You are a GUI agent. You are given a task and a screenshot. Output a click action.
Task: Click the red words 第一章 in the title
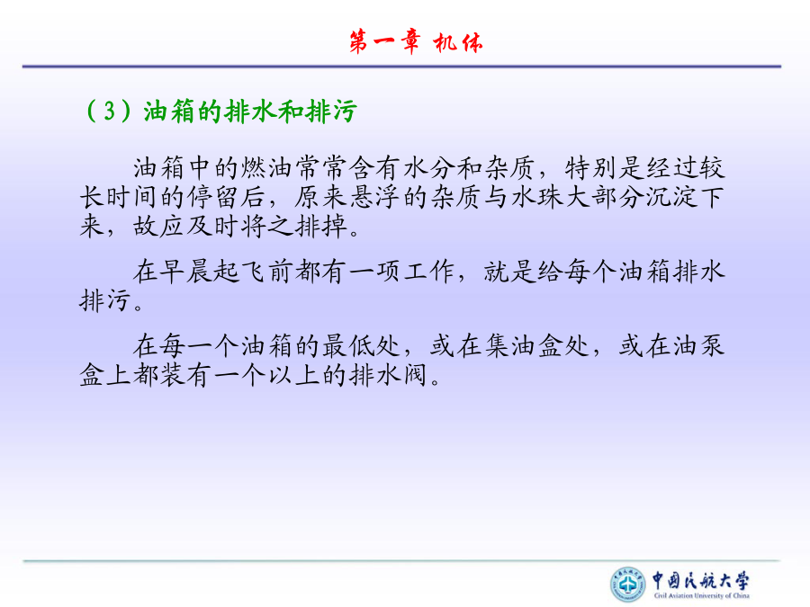tap(384, 41)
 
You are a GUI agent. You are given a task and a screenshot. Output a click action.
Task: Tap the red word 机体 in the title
tap(458, 42)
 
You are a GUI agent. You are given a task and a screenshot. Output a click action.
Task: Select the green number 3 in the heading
tap(109, 111)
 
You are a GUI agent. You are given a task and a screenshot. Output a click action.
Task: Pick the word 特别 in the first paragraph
tap(591, 168)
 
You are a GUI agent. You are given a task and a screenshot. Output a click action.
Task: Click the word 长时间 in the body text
tap(120, 197)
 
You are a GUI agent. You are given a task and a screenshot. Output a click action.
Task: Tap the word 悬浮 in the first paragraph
tap(375, 197)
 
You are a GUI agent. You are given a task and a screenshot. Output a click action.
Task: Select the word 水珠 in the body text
tap(537, 197)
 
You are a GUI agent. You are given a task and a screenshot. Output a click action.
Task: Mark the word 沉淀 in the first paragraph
tap(672, 197)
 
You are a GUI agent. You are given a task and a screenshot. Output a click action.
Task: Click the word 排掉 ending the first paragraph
tap(321, 226)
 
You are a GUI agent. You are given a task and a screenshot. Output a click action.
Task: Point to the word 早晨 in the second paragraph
tap(186, 272)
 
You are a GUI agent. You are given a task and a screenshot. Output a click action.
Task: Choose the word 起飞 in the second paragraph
tap(240, 272)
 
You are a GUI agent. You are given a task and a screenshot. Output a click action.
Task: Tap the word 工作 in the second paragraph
tap(429, 272)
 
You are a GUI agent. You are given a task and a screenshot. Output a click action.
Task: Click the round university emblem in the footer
tap(627, 585)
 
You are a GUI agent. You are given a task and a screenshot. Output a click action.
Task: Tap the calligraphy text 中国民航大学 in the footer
tap(700, 581)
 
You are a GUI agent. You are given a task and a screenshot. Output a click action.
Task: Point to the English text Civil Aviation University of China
tap(701, 595)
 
